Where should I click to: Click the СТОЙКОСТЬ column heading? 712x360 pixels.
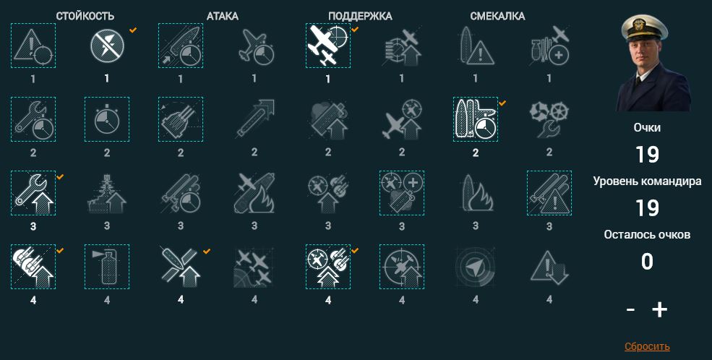point(85,17)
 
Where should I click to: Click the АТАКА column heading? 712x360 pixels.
point(223,17)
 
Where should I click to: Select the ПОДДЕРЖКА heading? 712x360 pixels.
point(360,17)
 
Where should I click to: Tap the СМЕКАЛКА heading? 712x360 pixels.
point(497,17)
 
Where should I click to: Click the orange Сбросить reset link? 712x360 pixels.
point(647,347)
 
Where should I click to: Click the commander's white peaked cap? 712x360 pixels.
point(644,28)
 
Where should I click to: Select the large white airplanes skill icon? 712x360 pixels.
point(328,46)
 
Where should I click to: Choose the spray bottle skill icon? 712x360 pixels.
point(107,267)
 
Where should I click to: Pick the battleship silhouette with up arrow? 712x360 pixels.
point(107,194)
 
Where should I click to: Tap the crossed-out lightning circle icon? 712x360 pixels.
point(107,46)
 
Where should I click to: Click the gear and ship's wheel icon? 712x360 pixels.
point(549,119)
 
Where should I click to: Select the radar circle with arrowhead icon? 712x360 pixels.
point(476,267)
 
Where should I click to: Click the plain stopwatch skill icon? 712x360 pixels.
point(107,119)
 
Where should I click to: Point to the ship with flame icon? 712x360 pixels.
point(476,194)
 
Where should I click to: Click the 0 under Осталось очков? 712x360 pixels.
point(647,262)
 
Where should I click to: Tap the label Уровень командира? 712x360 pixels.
point(647,181)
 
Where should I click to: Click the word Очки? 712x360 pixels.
point(647,127)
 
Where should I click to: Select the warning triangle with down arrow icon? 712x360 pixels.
point(549,267)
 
